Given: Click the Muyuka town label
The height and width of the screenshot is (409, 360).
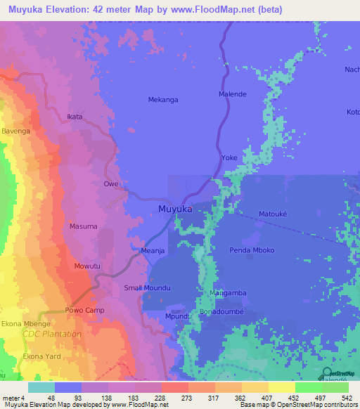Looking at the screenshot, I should click(175, 209).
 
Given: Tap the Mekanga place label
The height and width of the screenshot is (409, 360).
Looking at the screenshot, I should click(162, 100).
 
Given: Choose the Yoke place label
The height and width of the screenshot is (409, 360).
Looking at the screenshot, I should click(229, 158).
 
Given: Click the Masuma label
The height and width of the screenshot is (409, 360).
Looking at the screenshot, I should click(83, 226).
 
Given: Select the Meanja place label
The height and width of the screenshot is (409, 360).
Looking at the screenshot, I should click(153, 250).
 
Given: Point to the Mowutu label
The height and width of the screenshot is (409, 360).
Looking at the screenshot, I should click(88, 267).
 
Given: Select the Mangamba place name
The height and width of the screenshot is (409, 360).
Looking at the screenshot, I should click(227, 292).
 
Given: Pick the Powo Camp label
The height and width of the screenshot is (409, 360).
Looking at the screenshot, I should click(84, 311).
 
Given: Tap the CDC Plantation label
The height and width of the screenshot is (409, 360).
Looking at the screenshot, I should click(51, 334).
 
